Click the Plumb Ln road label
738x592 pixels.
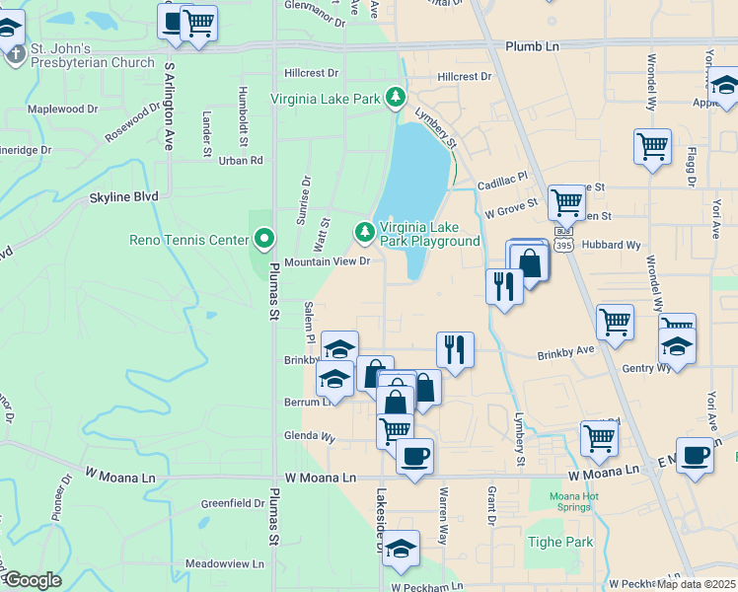[x=532, y=46]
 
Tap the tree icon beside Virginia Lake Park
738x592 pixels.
[x=396, y=97]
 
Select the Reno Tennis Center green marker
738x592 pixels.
[x=263, y=239]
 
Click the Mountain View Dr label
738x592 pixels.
[x=327, y=261]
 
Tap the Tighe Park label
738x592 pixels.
[x=560, y=542]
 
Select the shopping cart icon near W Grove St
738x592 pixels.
[x=566, y=203]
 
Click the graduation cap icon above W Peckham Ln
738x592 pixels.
[x=401, y=549]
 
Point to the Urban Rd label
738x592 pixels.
[x=241, y=160]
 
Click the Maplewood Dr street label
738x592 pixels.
[x=63, y=109]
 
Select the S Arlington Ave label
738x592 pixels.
[x=169, y=106]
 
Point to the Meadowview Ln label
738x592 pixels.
[x=225, y=563]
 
